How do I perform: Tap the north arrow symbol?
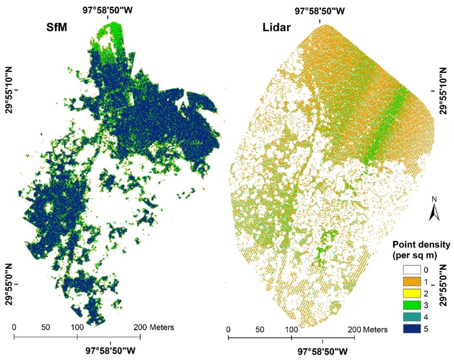[x=434, y=212]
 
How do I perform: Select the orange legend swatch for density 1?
[x=411, y=281]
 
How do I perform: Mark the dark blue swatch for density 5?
[x=411, y=329]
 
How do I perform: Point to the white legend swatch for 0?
[x=411, y=269]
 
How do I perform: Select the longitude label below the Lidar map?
[x=322, y=351]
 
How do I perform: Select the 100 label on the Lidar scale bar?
[x=291, y=329]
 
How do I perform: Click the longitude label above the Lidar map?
[x=320, y=11]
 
